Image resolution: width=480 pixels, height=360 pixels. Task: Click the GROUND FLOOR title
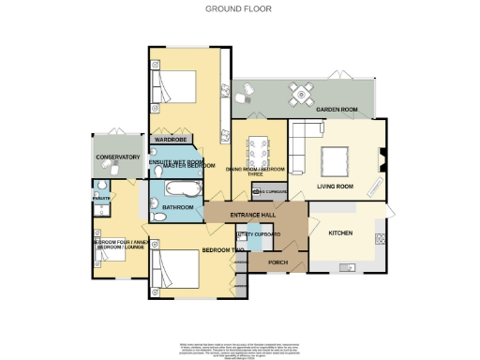[239, 9]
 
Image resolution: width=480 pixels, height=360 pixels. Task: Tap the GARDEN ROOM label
[337, 110]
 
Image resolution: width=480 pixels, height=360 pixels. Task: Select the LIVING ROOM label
[334, 187]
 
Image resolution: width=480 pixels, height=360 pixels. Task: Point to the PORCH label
[277, 262]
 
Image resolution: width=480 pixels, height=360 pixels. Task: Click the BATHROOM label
[177, 206]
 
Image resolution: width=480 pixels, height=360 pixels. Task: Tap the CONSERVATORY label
[117, 157]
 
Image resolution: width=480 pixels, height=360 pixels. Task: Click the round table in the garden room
[302, 92]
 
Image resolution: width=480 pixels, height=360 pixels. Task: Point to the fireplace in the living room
[380, 160]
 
